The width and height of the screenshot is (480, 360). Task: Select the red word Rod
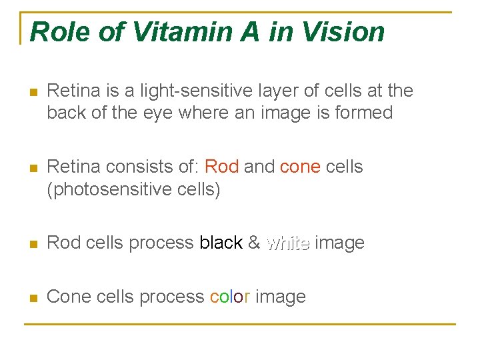point(222,167)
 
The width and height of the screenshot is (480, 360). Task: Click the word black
point(221,243)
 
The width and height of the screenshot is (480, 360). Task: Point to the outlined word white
point(287,243)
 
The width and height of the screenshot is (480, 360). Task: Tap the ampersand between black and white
point(253,243)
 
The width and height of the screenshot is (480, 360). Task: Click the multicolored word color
point(230,297)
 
